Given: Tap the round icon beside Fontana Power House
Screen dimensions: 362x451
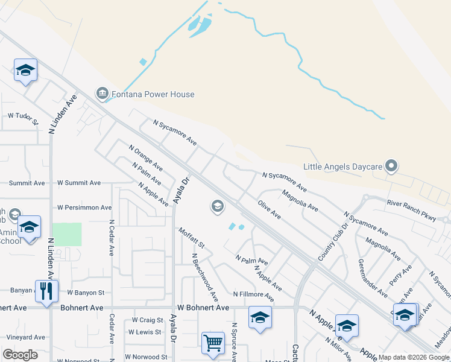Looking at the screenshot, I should pyautogui.click(x=101, y=94).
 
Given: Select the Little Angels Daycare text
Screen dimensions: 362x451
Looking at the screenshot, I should pyautogui.click(x=342, y=166).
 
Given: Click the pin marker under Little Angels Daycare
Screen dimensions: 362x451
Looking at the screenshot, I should pyautogui.click(x=391, y=165).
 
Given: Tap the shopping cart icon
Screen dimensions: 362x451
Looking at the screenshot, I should pyautogui.click(x=213, y=343).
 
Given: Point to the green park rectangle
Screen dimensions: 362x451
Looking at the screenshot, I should pyautogui.click(x=66, y=234).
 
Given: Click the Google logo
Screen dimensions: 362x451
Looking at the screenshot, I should pyautogui.click(x=20, y=355).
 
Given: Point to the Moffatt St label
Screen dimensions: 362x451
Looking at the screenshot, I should pyautogui.click(x=192, y=238).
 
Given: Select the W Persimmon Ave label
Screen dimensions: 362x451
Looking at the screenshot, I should pyautogui.click(x=84, y=207).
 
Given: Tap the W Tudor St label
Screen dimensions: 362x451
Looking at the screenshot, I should pyautogui.click(x=22, y=115).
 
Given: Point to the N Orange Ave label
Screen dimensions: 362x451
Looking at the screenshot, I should pyautogui.click(x=146, y=156).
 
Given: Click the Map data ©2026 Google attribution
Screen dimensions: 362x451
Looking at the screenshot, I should pyautogui.click(x=413, y=357).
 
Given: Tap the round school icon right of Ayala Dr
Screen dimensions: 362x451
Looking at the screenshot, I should pyautogui.click(x=217, y=207).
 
